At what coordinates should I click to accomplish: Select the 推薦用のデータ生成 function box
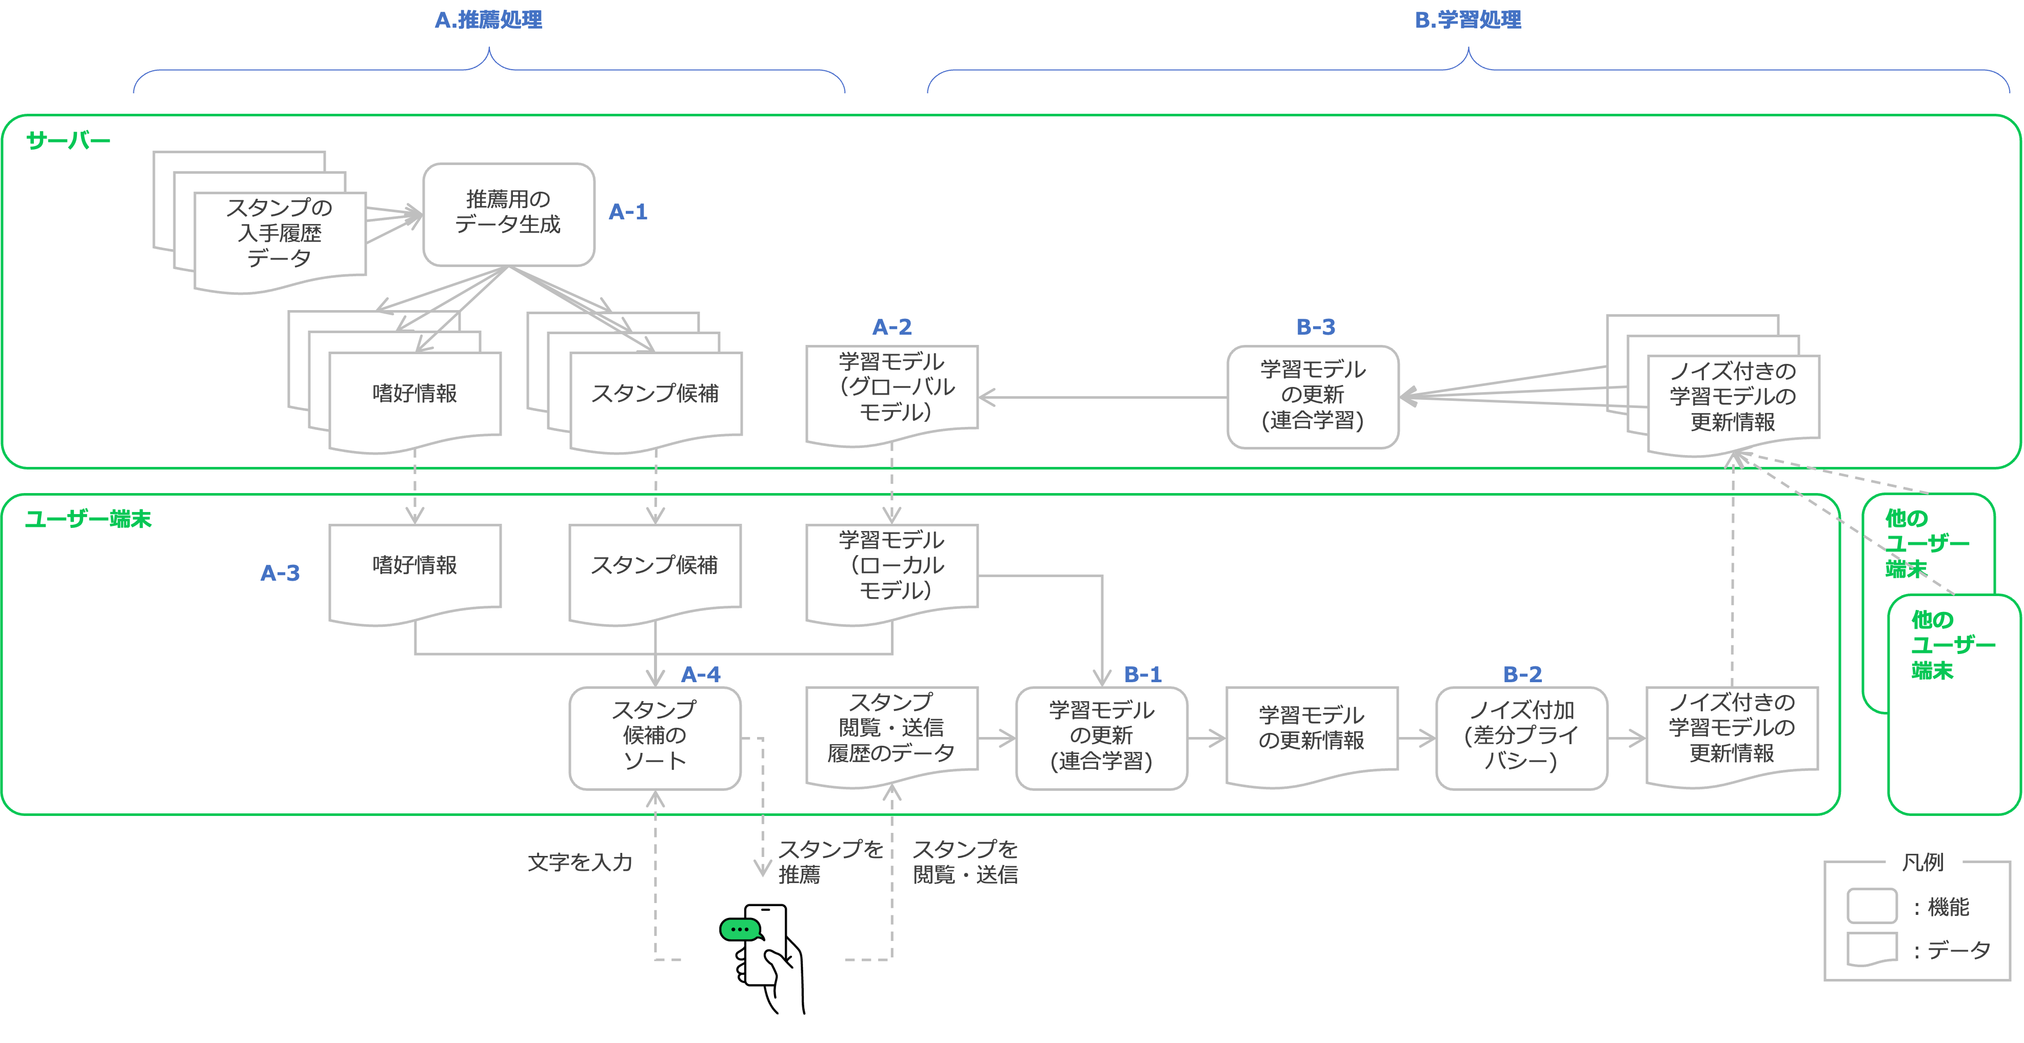(508, 214)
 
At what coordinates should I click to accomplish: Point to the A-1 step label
(628, 212)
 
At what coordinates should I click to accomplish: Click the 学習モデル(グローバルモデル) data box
(892, 389)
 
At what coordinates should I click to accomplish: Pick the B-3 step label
(1315, 326)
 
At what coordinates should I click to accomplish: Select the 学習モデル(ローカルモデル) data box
(892, 567)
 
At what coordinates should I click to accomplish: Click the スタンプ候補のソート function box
(654, 737)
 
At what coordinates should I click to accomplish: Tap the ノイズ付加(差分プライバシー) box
(1521, 737)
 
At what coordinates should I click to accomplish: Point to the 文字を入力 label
(580, 863)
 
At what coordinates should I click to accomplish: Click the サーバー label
(68, 140)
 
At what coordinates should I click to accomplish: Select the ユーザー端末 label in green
(88, 519)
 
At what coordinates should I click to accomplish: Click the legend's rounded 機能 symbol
(1872, 906)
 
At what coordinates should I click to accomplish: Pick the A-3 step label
(280, 574)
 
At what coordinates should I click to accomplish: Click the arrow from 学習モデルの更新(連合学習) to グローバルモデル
(1100, 397)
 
